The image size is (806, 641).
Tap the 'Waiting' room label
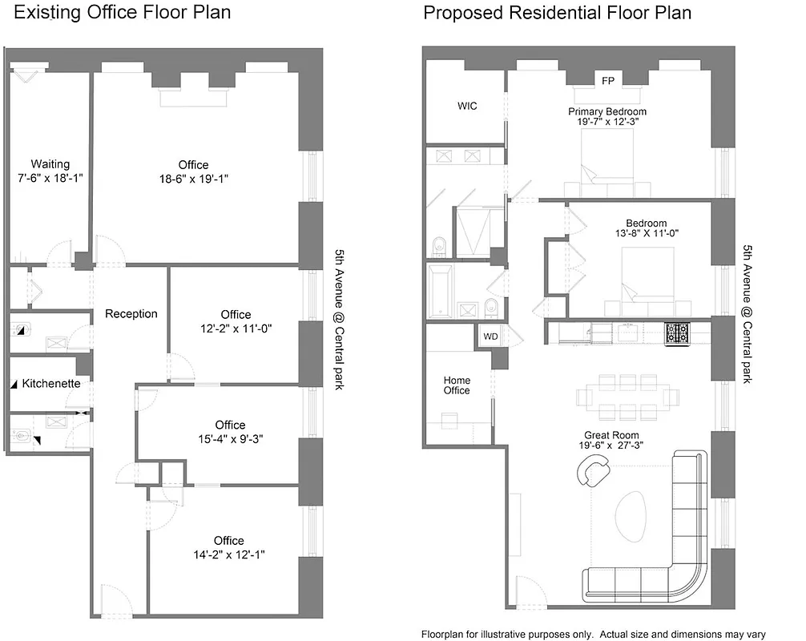(50, 164)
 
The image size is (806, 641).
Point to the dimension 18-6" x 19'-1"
(193, 179)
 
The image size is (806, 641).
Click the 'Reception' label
(131, 313)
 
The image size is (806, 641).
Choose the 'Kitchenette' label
(51, 384)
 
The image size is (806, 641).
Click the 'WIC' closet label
(467, 106)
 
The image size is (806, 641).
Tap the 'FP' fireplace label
(608, 81)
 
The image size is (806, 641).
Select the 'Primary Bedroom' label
(607, 111)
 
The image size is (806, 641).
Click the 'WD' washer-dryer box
(490, 337)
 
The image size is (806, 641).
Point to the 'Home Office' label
(457, 385)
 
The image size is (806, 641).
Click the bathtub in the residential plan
(440, 292)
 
